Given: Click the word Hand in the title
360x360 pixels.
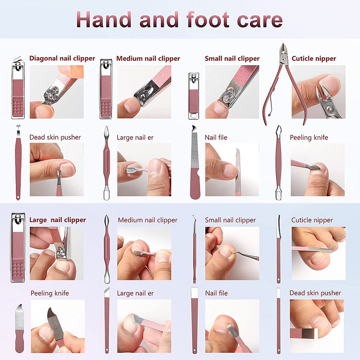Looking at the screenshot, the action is point(104,20).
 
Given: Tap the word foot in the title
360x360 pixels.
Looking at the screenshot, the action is point(208,19).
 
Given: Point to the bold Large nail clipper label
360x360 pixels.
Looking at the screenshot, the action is point(58,220).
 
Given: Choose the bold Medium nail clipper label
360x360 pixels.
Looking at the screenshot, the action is point(148,58).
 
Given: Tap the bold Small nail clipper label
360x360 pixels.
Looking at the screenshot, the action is point(232,58).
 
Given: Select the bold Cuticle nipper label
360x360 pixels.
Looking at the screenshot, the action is point(314,58).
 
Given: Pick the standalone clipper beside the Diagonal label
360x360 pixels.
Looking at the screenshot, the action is point(18,87).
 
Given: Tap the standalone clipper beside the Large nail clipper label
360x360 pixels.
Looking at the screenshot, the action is point(18,247).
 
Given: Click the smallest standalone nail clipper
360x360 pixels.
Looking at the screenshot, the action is point(193,96).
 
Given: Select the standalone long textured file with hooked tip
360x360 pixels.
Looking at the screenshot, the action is point(195,162).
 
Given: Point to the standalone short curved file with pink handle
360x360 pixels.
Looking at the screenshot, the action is point(19,328).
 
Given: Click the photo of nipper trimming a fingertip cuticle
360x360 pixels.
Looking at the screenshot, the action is point(319,92).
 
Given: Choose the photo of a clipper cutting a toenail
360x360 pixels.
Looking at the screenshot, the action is point(57,253).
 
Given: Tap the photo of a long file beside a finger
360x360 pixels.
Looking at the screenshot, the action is point(232,170).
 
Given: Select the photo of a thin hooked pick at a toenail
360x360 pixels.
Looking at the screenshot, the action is point(232,253).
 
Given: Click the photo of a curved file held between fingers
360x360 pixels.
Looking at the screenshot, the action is point(58,326).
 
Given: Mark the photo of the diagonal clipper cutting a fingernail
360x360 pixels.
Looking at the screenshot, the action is point(57,92).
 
